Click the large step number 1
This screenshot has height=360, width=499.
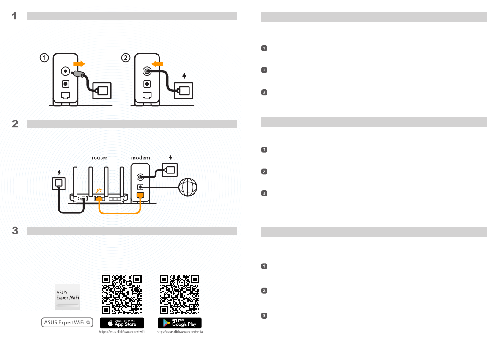click(x=14, y=16)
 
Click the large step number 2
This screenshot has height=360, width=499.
click(x=14, y=124)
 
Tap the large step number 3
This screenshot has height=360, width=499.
click(x=14, y=231)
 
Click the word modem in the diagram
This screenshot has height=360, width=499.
click(x=140, y=157)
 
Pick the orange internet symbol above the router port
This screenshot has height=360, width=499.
click(x=99, y=191)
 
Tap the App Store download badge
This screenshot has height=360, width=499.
click(x=122, y=323)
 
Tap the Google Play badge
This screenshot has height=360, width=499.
click(x=180, y=323)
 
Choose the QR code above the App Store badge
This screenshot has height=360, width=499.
click(x=122, y=294)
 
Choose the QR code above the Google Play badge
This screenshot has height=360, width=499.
click(x=180, y=294)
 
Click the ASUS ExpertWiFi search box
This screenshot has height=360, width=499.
click(x=67, y=322)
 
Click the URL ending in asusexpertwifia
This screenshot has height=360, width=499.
click(x=180, y=333)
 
